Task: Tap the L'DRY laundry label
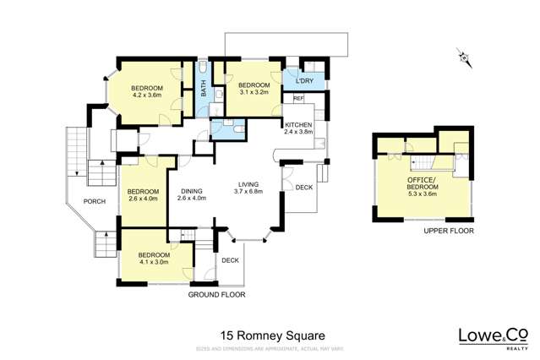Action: [304, 81]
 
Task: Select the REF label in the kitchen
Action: [297, 99]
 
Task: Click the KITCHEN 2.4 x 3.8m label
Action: [298, 128]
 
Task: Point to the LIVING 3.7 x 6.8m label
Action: [248, 188]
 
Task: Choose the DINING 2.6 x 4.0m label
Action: [193, 194]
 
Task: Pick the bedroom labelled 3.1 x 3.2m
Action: [253, 90]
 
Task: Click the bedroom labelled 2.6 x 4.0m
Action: [142, 196]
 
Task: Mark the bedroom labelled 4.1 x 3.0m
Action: [153, 258]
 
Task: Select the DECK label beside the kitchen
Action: [303, 188]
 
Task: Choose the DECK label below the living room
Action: [230, 261]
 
